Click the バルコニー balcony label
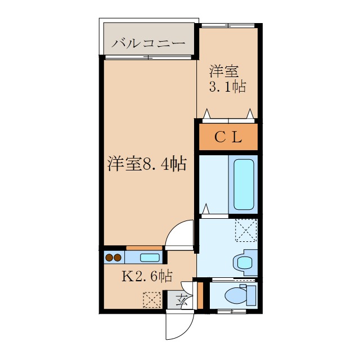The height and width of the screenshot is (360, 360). coord(148,43)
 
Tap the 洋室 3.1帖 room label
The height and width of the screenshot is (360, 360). coord(227,79)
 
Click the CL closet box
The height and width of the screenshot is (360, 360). coord(228,137)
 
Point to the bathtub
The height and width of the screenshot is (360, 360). coord(243,184)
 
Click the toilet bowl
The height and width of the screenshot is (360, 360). coord(233,295)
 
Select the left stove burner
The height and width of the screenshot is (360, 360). coord(109,258)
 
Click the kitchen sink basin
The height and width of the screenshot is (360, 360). coord(149,258)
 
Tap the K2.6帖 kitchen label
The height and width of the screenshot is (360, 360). coord(147,276)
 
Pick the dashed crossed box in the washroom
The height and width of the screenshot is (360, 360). coord(246,230)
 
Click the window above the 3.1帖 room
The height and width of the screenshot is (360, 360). coord(228,25)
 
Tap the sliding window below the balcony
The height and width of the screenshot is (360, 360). coord(148,57)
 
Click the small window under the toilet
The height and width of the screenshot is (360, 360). coord(231,310)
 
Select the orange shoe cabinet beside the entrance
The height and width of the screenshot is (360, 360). coord(200,295)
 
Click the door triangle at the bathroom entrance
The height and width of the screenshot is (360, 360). coord(206,209)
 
